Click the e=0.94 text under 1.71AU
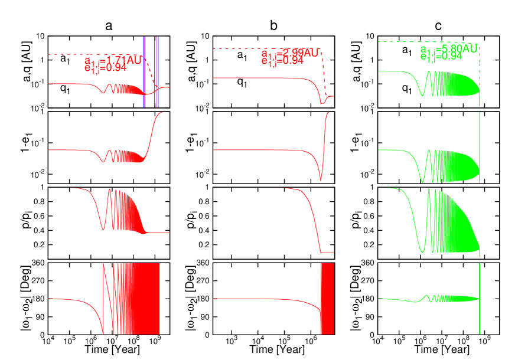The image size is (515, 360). click(x=106, y=68)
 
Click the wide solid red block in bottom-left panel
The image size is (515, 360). click(x=142, y=298)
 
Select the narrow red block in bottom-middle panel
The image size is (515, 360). click(x=327, y=298)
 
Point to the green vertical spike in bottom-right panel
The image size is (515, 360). click(x=479, y=298)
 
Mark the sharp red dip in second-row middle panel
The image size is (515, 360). click(x=320, y=174)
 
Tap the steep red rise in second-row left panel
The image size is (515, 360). click(x=152, y=133)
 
